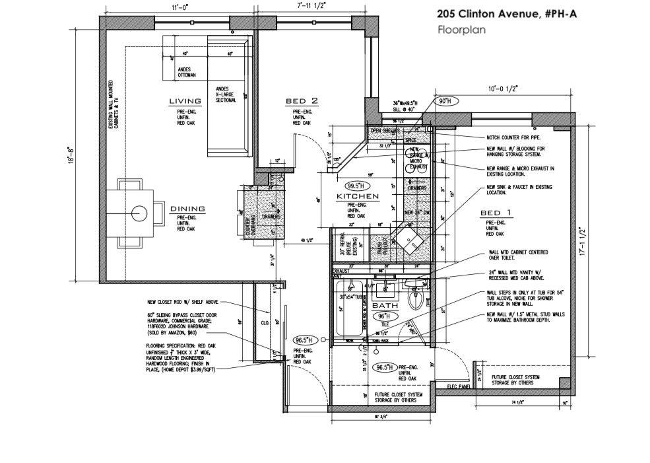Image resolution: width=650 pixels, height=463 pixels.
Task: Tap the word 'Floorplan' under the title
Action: point(458,30)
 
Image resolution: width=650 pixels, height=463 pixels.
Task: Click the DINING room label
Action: point(187,209)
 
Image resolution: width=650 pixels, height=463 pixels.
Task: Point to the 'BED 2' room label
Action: point(302,101)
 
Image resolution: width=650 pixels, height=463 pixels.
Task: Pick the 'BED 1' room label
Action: point(496,213)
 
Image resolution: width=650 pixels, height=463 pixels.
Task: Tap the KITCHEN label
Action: point(357,197)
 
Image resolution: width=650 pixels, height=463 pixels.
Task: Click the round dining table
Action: point(139,213)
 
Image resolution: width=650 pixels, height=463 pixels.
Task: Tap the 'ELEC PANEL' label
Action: point(456,386)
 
